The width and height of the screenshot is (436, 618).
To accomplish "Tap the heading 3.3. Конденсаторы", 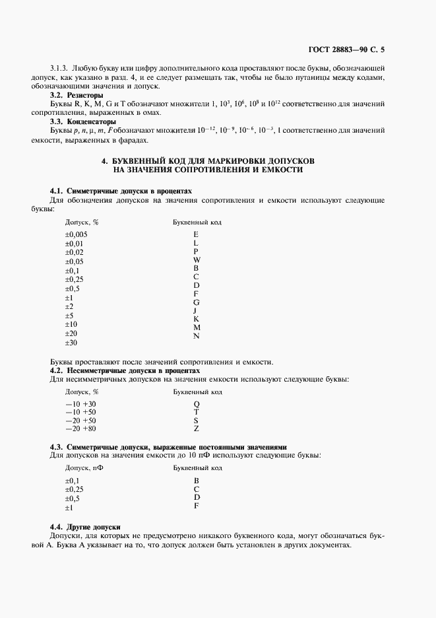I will coord(83,121).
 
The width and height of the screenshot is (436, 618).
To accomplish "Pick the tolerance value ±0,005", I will coord(76,234).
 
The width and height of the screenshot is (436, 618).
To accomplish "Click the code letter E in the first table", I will coord(196,234).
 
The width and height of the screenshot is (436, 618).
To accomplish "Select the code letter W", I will coord(196,260).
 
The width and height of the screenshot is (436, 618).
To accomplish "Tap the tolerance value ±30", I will coord(71,343).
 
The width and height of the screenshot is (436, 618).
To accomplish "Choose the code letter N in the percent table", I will coord(196,336).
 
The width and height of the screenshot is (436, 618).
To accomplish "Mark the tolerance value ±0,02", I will coord(74,252).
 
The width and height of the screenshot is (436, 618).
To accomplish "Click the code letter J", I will coord(196,310).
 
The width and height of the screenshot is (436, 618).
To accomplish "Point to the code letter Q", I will coord(196,403).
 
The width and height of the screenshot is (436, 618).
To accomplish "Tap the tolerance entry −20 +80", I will coord(80,429).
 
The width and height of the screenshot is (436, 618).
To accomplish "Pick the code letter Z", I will coord(196,429).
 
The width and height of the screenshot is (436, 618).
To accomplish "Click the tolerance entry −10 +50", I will coord(80,412).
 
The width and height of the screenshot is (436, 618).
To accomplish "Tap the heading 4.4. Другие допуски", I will coord(85,527).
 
